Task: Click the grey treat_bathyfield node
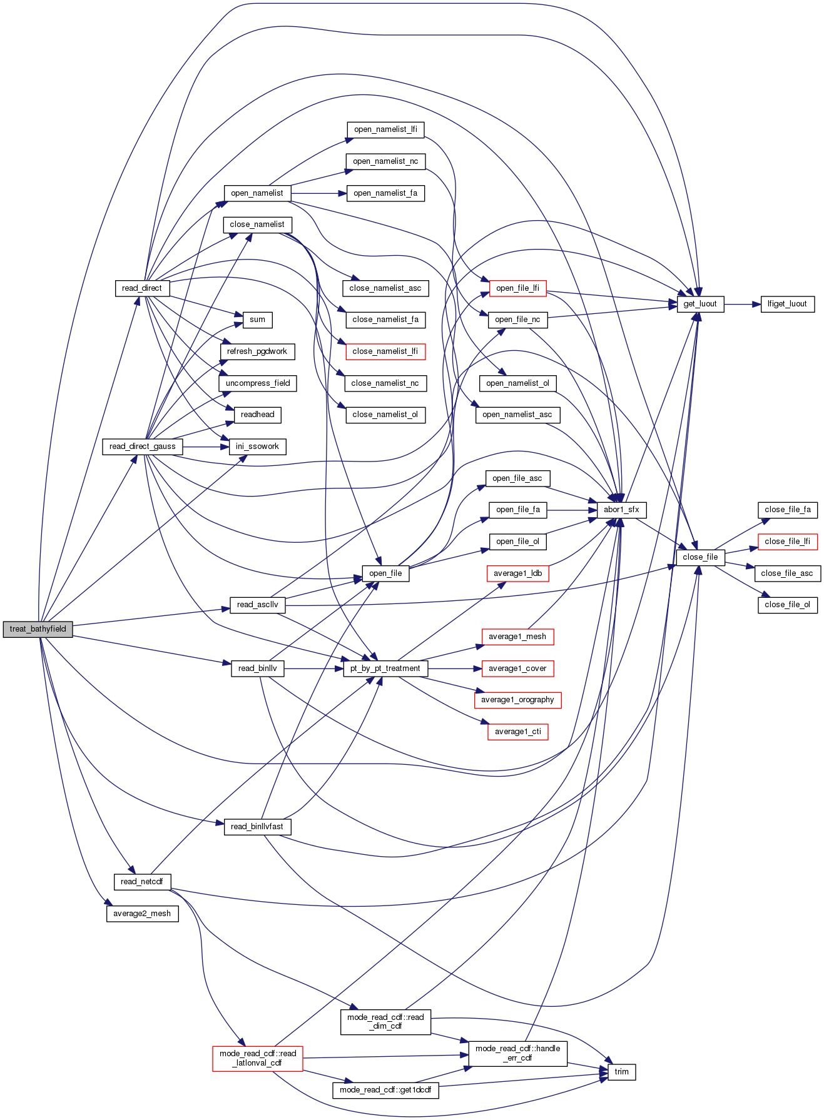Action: click(x=38, y=629)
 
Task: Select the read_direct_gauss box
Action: click(x=143, y=446)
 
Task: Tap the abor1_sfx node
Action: click(x=621, y=510)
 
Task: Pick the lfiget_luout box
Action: click(x=787, y=304)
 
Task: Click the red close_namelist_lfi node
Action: click(x=385, y=351)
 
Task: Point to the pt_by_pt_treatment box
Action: click(x=385, y=668)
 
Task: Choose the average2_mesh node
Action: click(x=142, y=914)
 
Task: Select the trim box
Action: click(x=621, y=1072)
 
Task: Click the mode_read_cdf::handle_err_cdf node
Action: click(x=517, y=1053)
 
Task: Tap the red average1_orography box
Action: click(x=517, y=700)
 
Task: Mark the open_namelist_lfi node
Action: click(x=385, y=129)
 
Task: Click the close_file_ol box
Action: click(x=787, y=605)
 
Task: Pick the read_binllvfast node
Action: click(x=257, y=827)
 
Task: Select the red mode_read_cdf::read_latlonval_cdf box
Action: click(x=258, y=1058)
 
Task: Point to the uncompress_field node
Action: click(x=258, y=383)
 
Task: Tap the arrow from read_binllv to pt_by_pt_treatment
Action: click(x=313, y=668)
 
